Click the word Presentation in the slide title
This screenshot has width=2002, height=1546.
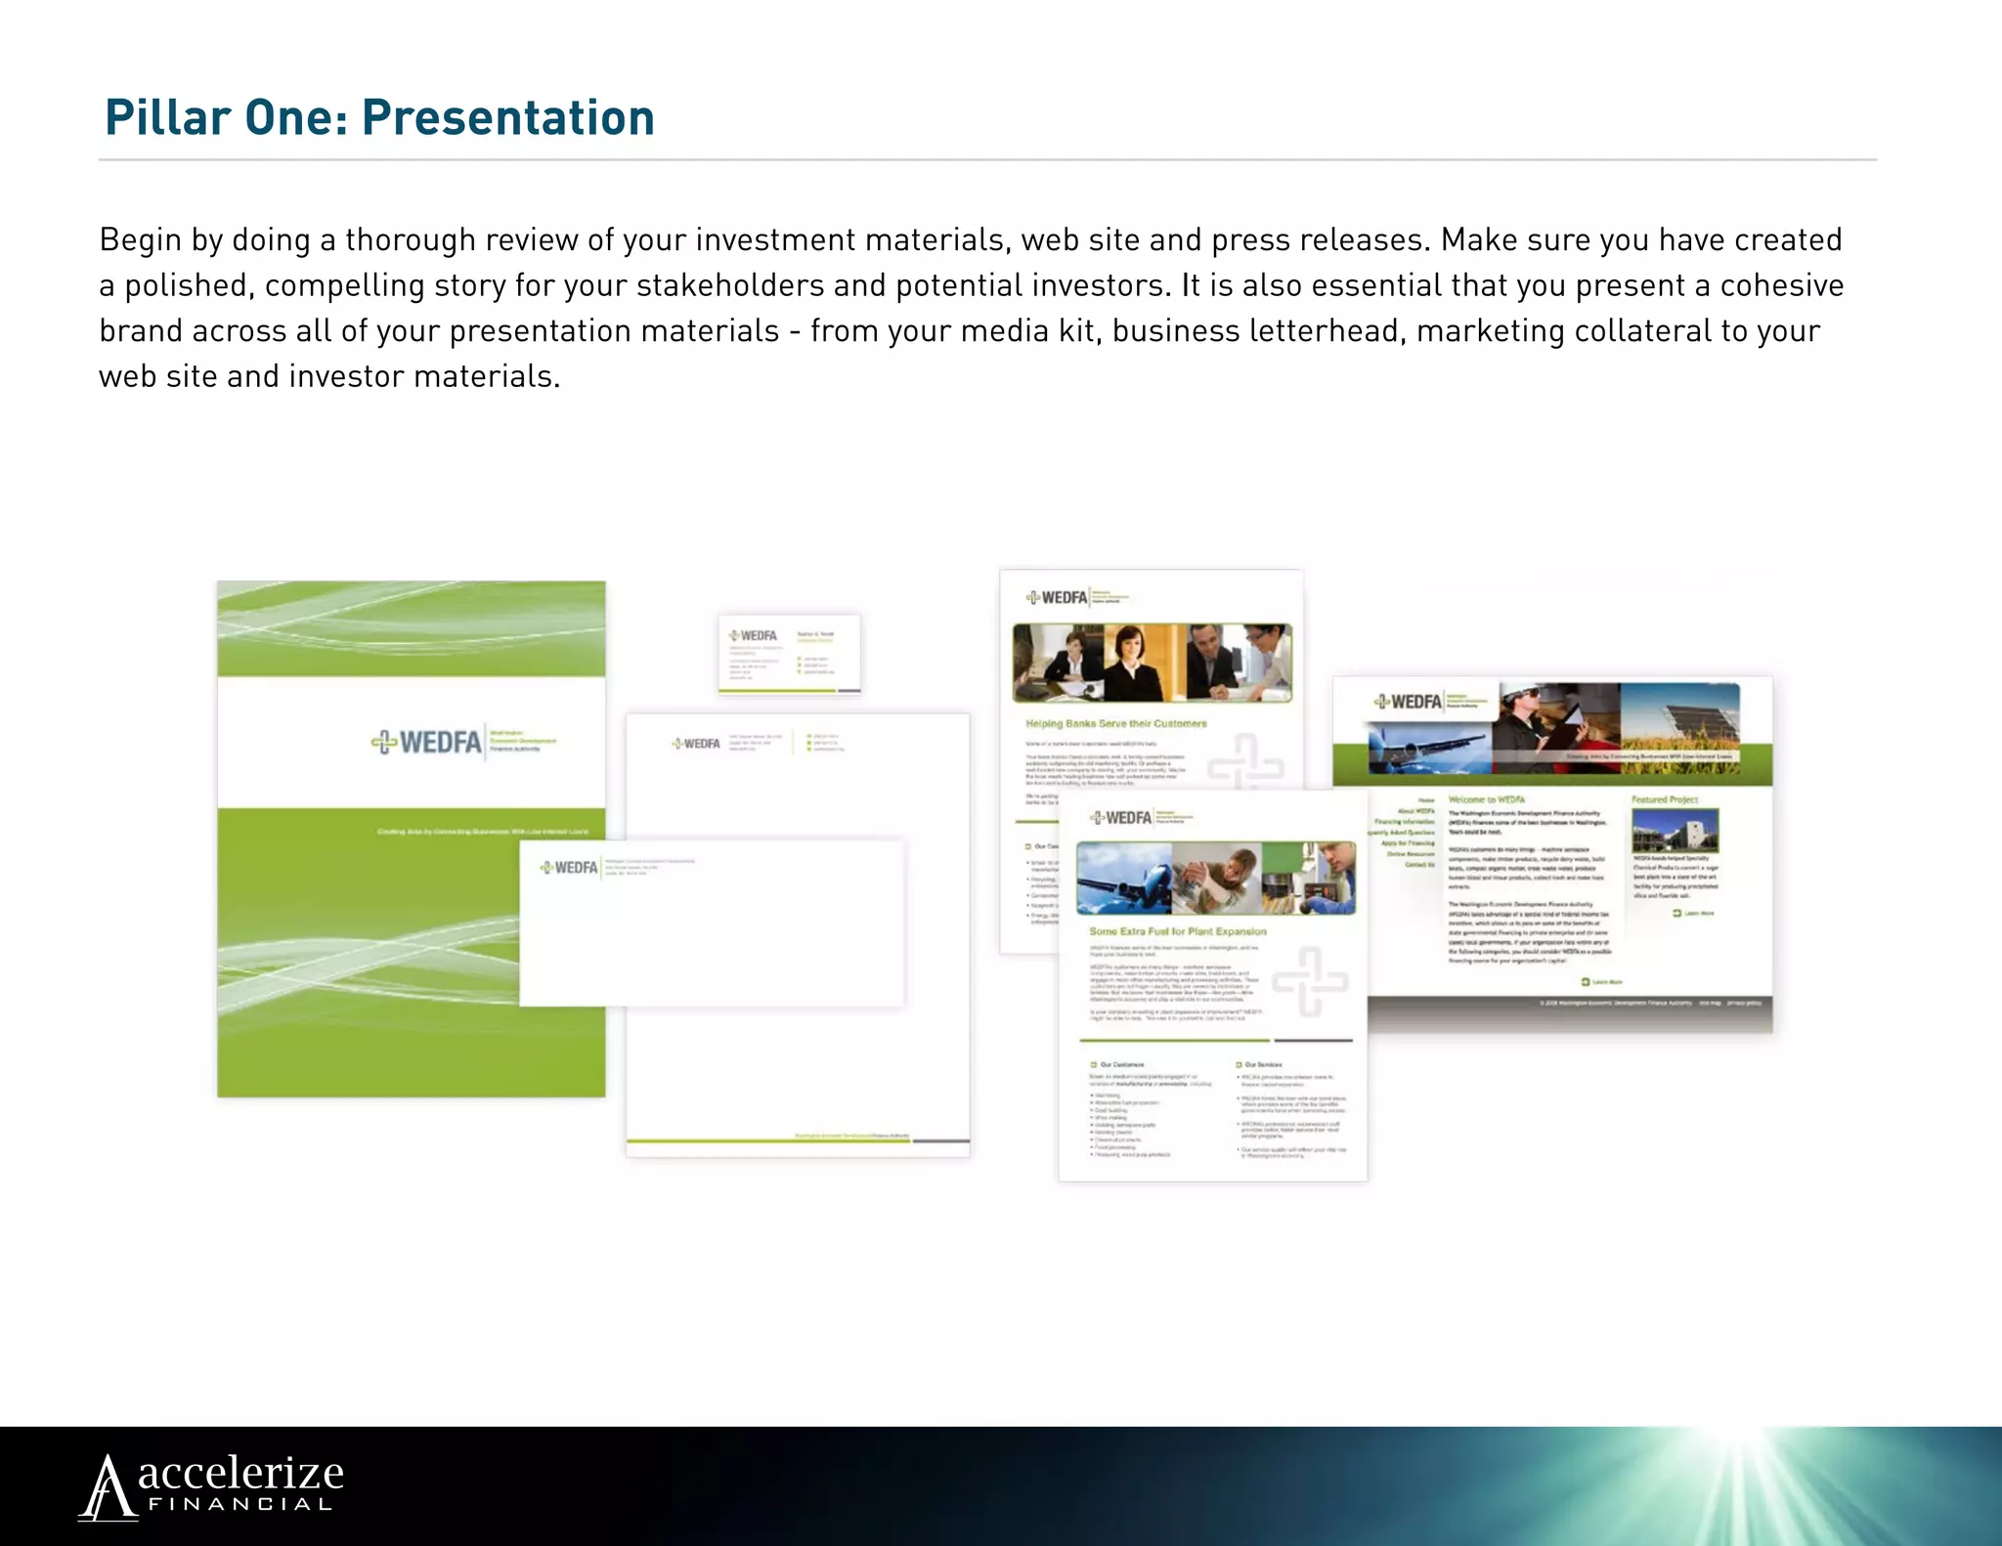coord(507,118)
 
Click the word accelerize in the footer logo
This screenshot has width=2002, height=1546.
coord(240,1473)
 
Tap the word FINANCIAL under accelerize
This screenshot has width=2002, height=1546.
coord(240,1505)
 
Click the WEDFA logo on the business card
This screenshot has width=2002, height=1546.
coord(754,636)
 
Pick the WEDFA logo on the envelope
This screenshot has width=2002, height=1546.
coord(569,868)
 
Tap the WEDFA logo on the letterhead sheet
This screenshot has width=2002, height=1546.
coord(696,744)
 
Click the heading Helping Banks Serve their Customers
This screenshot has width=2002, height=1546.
coord(1115,724)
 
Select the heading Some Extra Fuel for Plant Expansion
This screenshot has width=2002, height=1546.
coord(1177,931)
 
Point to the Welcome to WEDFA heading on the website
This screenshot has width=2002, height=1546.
coord(1486,799)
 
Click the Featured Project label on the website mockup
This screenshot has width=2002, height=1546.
coord(1664,799)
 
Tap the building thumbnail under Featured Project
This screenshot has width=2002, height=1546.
coord(1675,831)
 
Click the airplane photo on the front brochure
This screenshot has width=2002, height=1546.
coord(1124,879)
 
